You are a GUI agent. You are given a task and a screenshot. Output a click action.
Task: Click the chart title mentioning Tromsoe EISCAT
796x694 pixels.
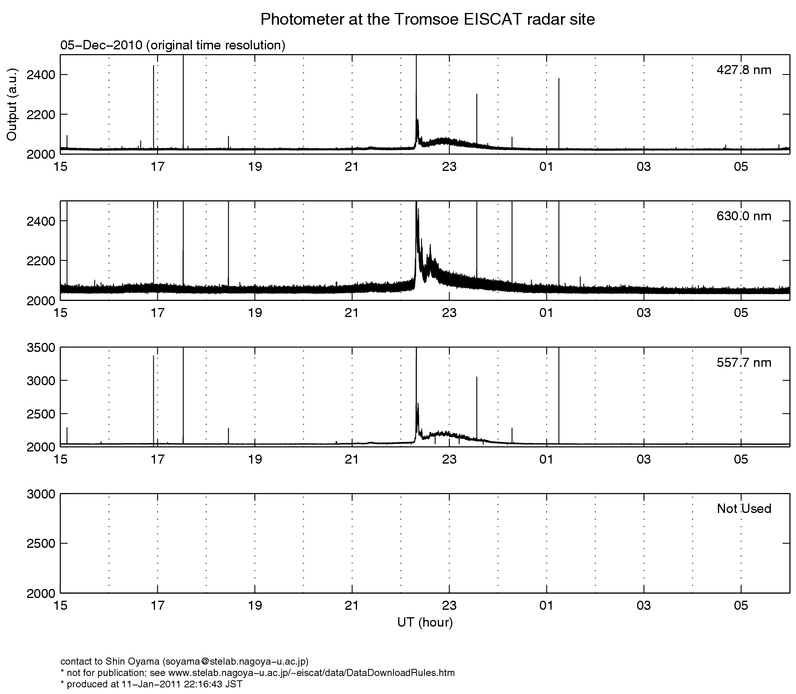427,20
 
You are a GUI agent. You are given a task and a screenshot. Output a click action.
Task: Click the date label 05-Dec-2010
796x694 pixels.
101,45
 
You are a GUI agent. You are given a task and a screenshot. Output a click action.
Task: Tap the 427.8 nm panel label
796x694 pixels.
744,70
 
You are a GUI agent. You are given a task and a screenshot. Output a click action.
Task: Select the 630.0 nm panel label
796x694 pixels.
744,216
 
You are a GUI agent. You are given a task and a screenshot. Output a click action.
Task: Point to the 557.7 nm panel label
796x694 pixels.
744,363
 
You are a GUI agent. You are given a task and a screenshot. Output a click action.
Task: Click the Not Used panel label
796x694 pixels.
744,509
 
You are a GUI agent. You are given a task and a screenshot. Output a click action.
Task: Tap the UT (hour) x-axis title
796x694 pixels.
425,622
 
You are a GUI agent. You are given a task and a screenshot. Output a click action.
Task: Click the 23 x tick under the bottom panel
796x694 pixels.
449,606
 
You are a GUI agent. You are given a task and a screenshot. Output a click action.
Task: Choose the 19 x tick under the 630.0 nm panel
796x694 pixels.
255,313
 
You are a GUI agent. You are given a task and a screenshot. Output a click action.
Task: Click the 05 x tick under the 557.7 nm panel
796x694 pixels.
741,459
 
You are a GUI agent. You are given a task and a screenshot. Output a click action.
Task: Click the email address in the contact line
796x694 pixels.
234,662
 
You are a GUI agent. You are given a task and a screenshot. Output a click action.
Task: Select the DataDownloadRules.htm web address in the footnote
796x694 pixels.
311,673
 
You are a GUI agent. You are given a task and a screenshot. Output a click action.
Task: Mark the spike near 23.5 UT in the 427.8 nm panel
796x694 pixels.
477,118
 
